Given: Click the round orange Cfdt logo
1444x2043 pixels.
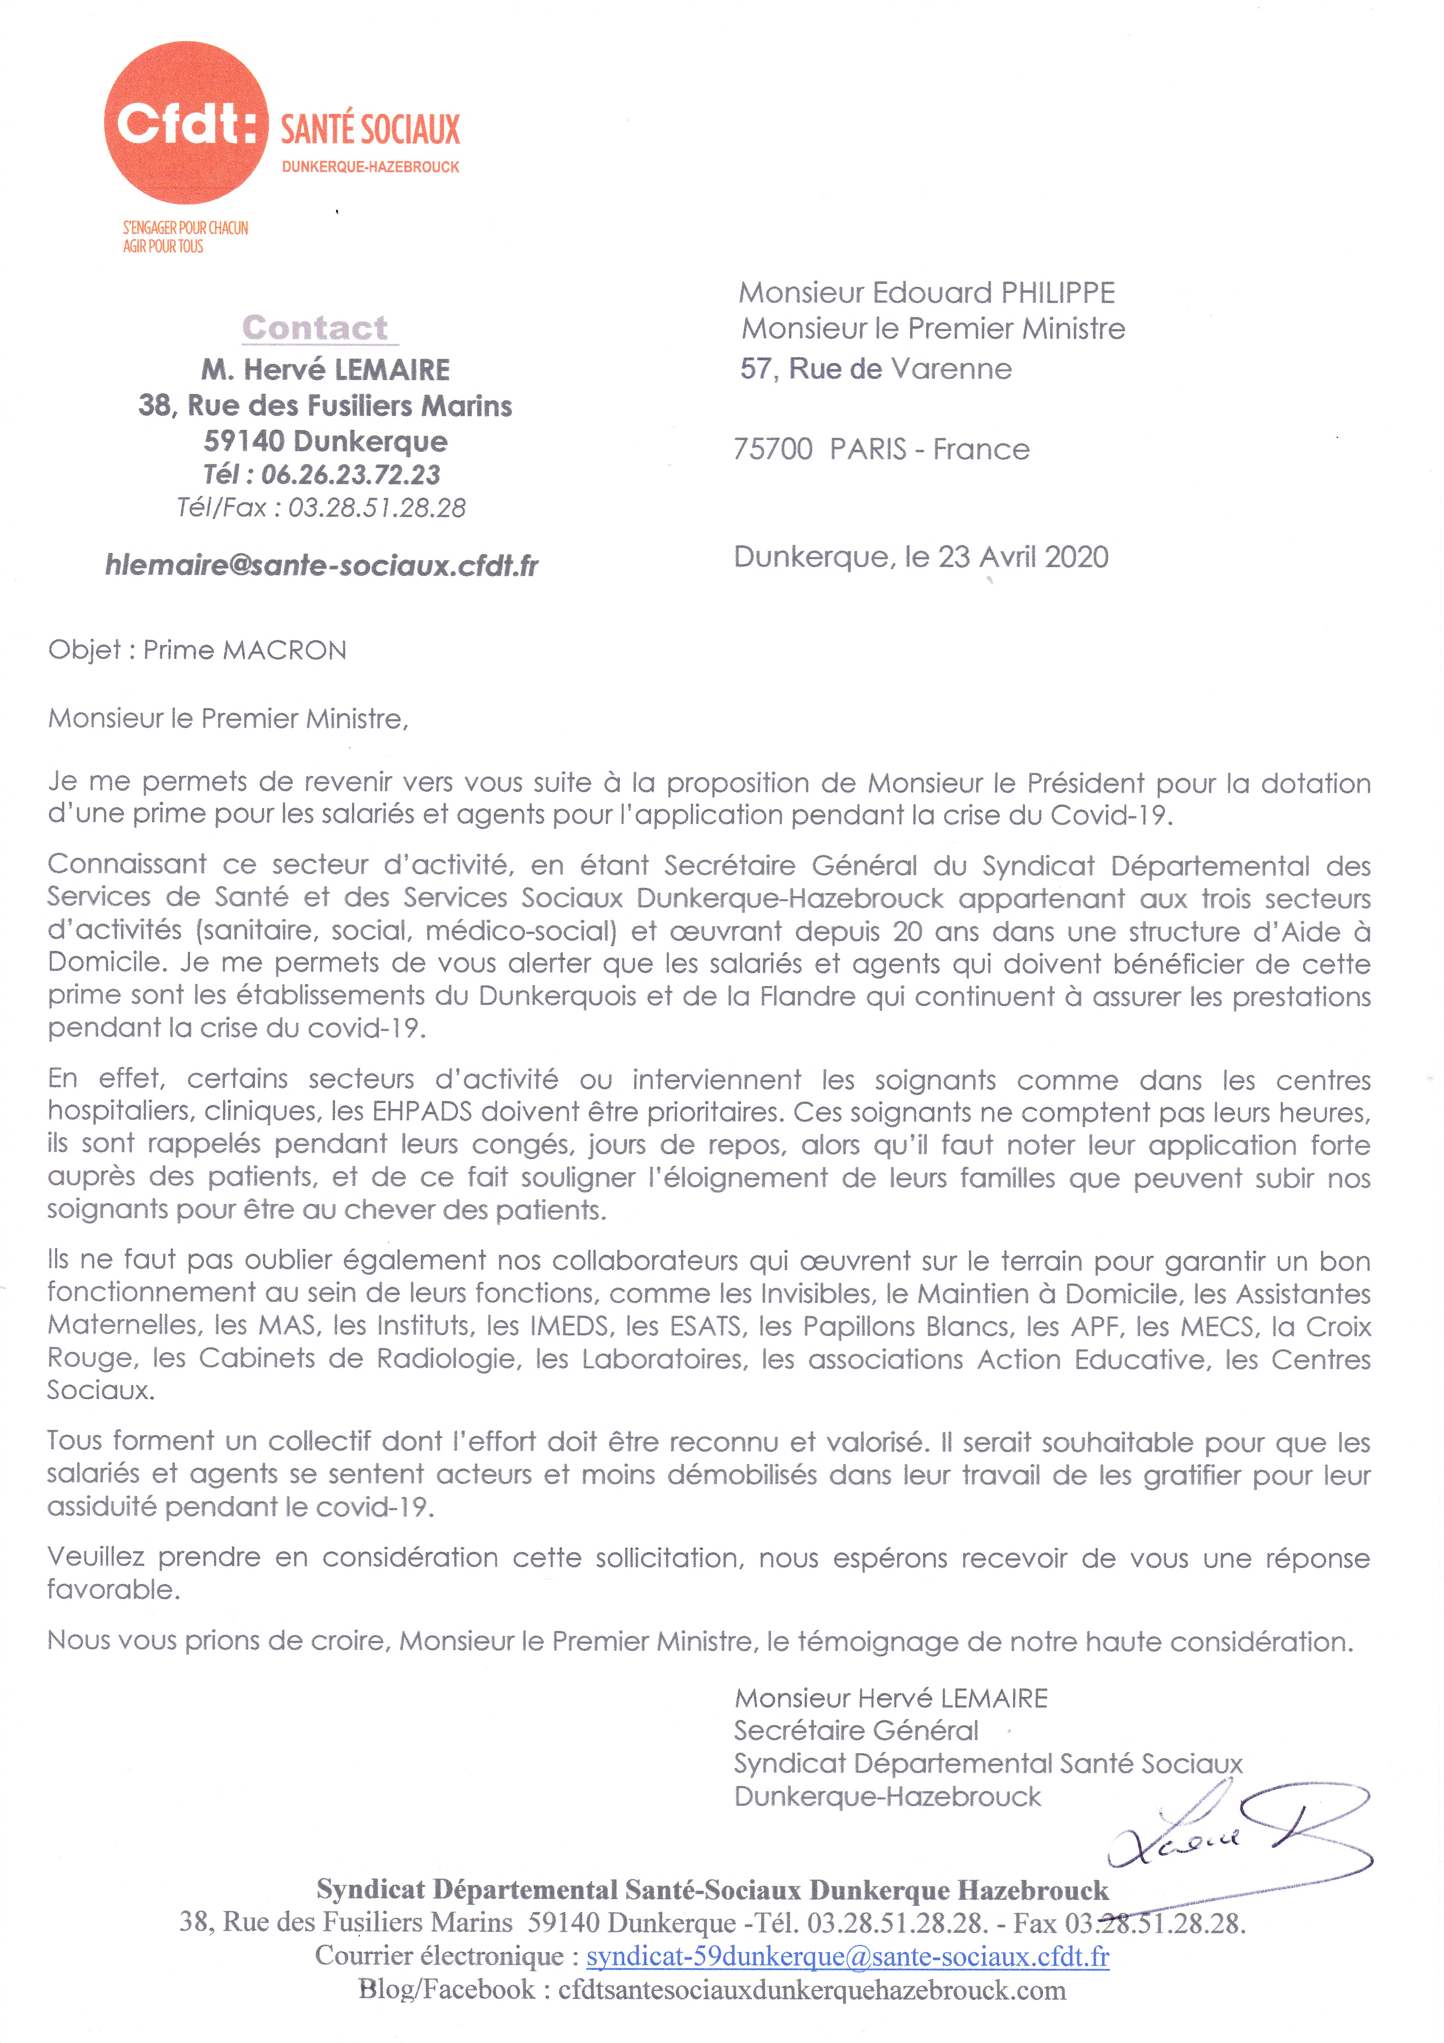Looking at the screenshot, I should pos(185,123).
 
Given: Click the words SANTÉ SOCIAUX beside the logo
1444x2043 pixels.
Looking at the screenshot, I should pos(370,130).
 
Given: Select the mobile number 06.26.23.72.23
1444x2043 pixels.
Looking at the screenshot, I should pos(351,474).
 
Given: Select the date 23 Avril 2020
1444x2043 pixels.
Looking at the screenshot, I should pos(1023,557).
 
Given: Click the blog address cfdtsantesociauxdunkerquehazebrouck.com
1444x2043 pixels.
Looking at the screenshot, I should pos(811,1990).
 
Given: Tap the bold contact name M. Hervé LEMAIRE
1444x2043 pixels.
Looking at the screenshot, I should pos(326,369).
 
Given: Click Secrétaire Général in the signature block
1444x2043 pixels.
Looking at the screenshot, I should pos(856,1731).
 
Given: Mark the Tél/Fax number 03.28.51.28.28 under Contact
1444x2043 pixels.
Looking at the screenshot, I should pos(376,508).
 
